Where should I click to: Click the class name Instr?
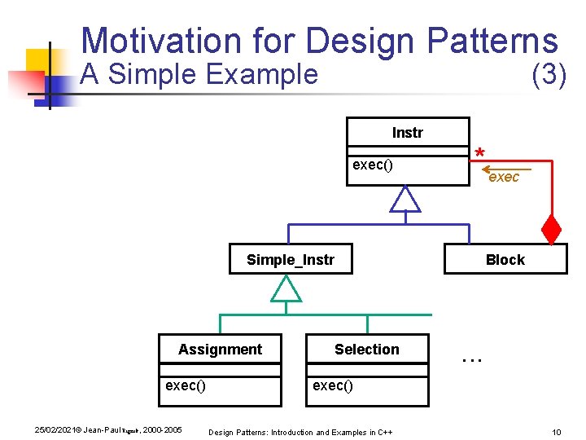pyautogui.click(x=407, y=133)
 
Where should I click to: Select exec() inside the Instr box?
pyautogui.click(x=372, y=165)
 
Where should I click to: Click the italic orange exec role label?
pyautogui.click(x=503, y=177)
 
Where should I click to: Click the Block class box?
pyautogui.click(x=505, y=260)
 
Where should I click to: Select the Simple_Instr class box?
pyautogui.click(x=291, y=260)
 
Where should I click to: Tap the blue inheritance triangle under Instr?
pyautogui.click(x=405, y=200)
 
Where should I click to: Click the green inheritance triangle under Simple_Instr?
pyautogui.click(x=286, y=288)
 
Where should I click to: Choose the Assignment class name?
pyautogui.click(x=220, y=350)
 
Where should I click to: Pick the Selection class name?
pyautogui.click(x=366, y=350)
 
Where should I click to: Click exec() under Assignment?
pyautogui.click(x=185, y=385)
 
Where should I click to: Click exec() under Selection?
pyautogui.click(x=333, y=385)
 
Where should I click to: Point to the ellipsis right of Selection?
pyautogui.click(x=471, y=357)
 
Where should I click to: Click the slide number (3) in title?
pyautogui.click(x=548, y=74)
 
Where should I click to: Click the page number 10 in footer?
pyautogui.click(x=556, y=431)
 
